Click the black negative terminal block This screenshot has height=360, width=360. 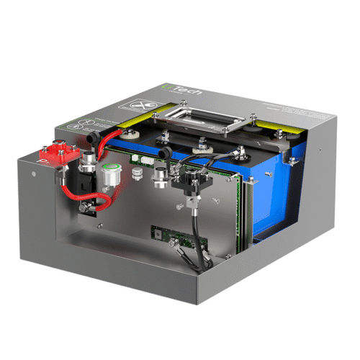(194, 181)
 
